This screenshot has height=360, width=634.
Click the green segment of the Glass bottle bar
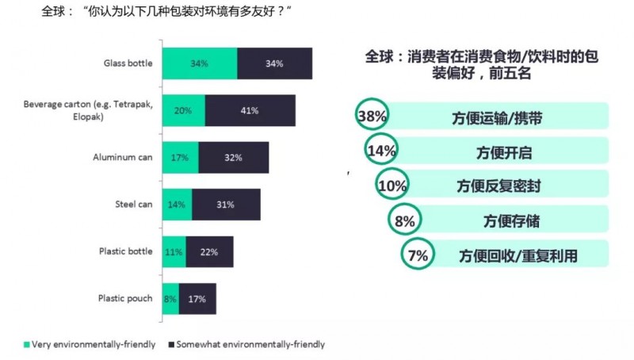tap(199, 63)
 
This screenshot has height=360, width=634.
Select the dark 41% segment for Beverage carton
tap(250, 110)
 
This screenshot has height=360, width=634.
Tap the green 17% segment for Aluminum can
tap(180, 157)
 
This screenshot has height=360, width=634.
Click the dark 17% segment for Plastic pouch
tap(197, 298)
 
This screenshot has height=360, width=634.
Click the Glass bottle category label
tap(128, 63)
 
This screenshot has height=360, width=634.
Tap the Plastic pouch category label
tap(125, 298)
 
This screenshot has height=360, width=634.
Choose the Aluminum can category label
tap(122, 157)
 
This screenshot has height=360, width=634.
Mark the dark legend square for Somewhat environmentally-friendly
tap(173, 345)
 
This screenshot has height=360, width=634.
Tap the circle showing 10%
tap(392, 186)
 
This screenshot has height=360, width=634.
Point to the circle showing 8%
tap(405, 221)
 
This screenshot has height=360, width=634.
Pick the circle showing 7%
tap(418, 255)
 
